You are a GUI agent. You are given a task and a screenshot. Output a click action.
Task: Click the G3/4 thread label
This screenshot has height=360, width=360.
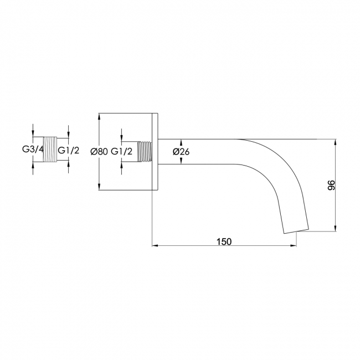33,150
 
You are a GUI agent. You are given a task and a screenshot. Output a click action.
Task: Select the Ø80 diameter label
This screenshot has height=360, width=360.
99,152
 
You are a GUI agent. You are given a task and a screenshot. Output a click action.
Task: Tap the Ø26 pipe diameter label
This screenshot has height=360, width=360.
181,152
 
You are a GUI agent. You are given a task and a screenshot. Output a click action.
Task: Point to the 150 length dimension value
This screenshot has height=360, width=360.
224,241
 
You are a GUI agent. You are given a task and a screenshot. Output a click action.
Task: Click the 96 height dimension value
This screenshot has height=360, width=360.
331,186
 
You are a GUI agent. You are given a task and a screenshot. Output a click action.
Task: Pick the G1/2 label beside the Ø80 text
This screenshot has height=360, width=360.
122,152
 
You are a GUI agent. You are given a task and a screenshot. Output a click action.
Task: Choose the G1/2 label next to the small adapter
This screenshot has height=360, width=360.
69,151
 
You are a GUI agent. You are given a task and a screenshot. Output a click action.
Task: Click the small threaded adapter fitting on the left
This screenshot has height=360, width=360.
50,150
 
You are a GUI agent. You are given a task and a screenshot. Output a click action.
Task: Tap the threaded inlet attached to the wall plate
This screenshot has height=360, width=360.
145,152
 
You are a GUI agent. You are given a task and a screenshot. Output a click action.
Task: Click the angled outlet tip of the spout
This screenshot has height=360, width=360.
296,231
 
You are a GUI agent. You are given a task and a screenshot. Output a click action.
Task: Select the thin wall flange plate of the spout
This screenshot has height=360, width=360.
155,152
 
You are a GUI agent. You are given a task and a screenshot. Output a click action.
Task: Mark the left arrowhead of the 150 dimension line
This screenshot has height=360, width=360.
155,246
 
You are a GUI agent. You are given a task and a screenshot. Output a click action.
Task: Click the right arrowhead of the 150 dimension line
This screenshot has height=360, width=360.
294,246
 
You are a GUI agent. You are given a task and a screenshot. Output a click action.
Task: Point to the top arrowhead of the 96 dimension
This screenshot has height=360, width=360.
336,142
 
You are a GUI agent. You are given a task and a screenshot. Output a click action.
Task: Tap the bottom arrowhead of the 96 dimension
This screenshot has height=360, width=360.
336,228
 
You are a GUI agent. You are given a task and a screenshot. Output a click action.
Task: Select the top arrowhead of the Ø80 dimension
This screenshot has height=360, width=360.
99,116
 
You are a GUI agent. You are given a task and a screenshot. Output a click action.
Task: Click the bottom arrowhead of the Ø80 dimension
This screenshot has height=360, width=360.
99,187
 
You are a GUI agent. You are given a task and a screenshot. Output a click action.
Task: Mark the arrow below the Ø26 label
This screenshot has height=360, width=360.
181,161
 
